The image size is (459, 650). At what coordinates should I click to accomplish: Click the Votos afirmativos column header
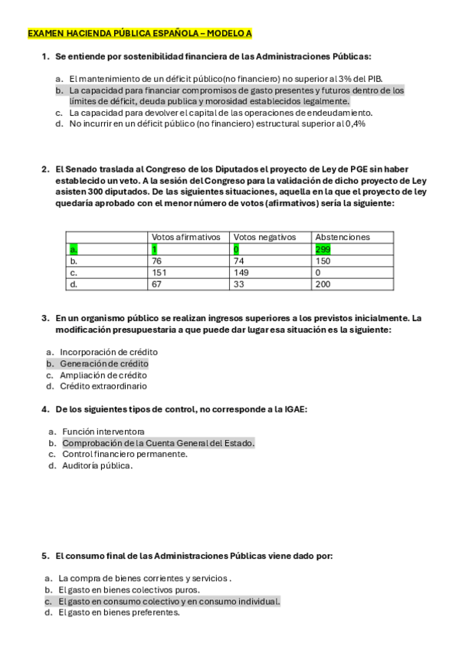coord(186,238)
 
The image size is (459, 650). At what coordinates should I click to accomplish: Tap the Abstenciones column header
coord(343,238)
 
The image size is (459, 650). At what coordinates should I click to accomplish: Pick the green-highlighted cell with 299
coord(323,249)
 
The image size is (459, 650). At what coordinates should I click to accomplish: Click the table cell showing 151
coord(159,272)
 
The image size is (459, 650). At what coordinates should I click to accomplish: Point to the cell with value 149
coord(241,272)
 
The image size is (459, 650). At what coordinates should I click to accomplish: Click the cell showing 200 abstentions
coord(323,284)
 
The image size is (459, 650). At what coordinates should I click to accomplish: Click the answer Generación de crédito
coord(104,363)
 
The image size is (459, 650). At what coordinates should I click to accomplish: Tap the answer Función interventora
coord(103,432)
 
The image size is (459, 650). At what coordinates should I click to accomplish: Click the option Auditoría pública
coord(97,465)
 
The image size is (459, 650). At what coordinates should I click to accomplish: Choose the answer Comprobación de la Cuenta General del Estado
coord(158,443)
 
